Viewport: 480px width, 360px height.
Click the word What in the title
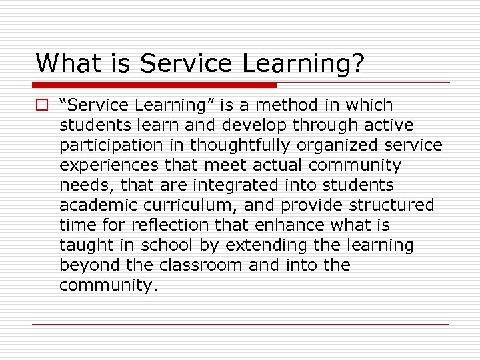(x=61, y=63)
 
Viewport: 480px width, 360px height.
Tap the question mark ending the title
(x=357, y=63)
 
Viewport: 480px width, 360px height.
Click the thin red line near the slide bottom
(x=240, y=325)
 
